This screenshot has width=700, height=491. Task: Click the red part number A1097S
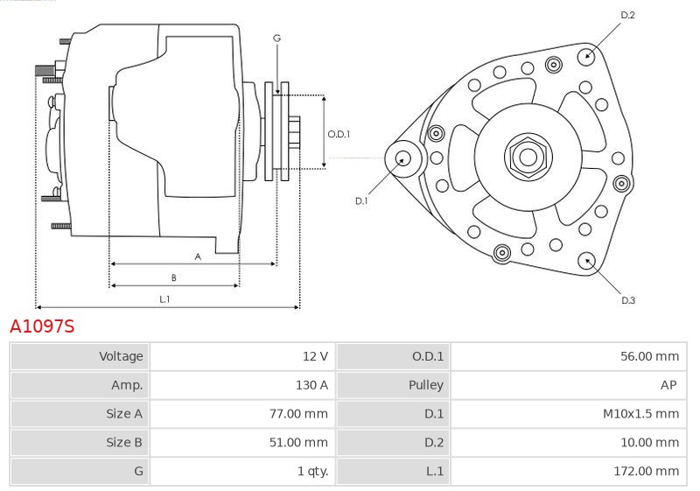coord(42,326)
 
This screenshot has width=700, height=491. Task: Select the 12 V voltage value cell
coord(315,356)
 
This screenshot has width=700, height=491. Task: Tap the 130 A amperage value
coord(311,385)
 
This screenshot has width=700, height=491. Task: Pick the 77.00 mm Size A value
coord(298,413)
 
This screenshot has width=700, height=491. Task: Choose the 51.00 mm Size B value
coord(298,442)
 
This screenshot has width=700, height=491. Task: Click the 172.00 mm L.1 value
coord(647,471)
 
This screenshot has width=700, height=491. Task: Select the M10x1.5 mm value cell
coord(641,413)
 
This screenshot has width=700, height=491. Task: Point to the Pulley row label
coord(426,385)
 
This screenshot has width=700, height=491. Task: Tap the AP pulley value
coord(668,385)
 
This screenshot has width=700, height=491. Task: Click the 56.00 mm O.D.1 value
coord(650,356)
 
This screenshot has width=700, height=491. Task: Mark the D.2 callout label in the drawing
coord(627,15)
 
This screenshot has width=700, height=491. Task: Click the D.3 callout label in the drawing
coord(628,300)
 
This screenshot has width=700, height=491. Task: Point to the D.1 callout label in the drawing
coord(361,201)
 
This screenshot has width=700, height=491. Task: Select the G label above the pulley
coord(276,39)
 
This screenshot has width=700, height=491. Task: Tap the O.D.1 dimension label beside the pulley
coord(339,134)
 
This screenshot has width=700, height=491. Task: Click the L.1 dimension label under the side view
coord(164,299)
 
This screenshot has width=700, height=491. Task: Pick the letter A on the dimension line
coord(198,256)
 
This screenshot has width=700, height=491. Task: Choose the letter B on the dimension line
coord(173,277)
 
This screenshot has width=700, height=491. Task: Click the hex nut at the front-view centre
coord(528,157)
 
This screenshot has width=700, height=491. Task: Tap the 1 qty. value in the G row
coord(312,471)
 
